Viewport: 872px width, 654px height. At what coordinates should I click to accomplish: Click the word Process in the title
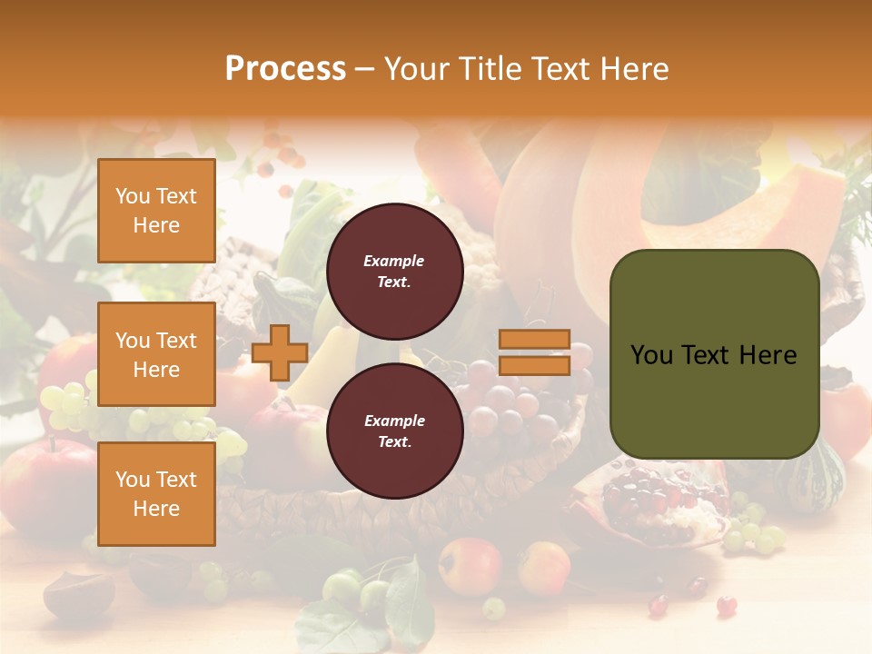click(285, 69)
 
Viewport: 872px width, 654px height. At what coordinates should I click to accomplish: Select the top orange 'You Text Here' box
click(156, 211)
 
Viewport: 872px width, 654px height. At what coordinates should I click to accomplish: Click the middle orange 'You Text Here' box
click(156, 354)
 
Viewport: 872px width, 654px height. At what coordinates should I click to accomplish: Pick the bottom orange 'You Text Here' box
click(156, 494)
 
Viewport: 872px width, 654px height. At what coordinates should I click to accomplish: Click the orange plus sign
click(279, 353)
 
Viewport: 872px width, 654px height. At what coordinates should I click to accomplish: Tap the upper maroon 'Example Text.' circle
click(394, 271)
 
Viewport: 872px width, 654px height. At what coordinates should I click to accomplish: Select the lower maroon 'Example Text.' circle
click(394, 431)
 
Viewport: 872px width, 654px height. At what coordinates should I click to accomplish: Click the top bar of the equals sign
click(534, 339)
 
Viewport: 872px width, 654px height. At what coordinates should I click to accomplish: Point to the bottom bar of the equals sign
click(534, 365)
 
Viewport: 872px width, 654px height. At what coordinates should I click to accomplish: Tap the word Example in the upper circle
click(394, 261)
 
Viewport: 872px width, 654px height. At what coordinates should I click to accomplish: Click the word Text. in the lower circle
click(394, 441)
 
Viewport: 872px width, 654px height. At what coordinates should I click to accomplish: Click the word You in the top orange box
click(133, 196)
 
